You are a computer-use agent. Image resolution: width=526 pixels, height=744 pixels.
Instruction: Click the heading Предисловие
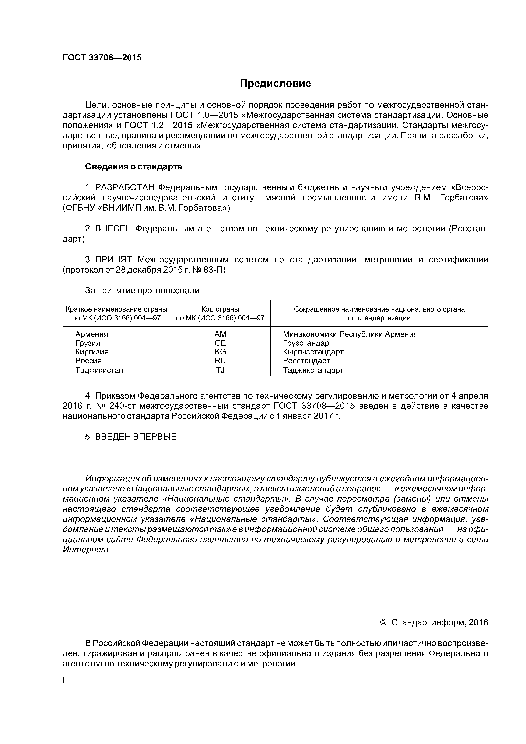pos(275,84)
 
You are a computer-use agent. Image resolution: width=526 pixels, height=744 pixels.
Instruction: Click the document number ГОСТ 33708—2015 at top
pos(102,58)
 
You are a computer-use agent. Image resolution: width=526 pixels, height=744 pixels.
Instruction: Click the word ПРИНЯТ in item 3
pos(113,260)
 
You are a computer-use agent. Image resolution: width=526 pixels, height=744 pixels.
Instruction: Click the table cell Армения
pos(92,334)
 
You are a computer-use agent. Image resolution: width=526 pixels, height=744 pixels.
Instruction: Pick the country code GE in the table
pos(220,343)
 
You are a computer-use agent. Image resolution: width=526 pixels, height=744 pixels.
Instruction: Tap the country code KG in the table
pos(220,352)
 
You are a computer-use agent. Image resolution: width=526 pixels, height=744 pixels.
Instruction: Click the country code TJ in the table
pos(220,370)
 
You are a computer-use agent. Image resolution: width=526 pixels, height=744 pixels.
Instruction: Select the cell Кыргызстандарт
pos(313,352)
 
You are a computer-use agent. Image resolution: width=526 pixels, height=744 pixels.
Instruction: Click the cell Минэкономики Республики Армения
pos(350,334)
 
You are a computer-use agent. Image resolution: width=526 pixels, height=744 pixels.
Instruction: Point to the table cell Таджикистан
pos(99,370)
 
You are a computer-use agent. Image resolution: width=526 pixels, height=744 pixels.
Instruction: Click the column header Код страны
pos(220,309)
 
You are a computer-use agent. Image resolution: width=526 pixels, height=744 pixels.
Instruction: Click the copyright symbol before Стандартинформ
pos(383,622)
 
